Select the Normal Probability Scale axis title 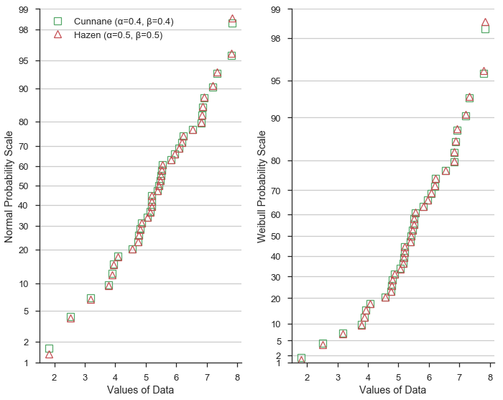coord(9,186)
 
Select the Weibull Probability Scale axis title coord(262,186)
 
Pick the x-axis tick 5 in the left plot coord(146,375)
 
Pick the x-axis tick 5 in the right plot coord(399,375)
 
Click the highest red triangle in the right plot coord(485,22)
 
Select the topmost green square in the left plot coord(232,24)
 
